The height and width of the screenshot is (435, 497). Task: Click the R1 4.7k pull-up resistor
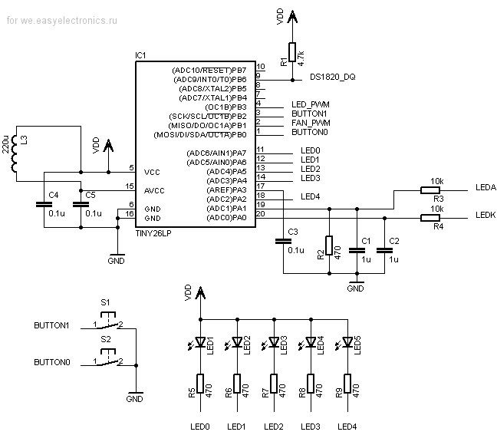(x=292, y=52)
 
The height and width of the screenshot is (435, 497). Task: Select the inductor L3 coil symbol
(x=14, y=153)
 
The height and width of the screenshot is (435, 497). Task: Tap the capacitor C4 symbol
(x=44, y=204)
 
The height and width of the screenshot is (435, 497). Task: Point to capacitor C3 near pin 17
(x=283, y=241)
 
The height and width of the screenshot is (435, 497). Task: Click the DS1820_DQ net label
(x=333, y=77)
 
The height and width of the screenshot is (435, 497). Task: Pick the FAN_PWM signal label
(x=311, y=123)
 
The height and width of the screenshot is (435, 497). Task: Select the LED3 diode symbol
(x=273, y=343)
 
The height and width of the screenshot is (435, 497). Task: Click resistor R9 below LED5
(x=347, y=384)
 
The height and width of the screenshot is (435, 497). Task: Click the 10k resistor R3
(x=430, y=190)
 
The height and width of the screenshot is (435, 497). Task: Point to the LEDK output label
(x=485, y=215)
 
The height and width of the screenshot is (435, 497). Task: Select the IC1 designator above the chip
(x=140, y=55)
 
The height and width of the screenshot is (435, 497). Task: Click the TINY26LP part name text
(x=153, y=233)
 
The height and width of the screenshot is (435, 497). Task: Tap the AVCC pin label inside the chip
(x=154, y=190)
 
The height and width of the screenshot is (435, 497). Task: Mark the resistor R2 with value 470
(x=329, y=246)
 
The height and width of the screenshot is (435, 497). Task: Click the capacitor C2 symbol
(x=384, y=250)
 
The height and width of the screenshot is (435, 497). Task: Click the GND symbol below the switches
(x=136, y=393)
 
